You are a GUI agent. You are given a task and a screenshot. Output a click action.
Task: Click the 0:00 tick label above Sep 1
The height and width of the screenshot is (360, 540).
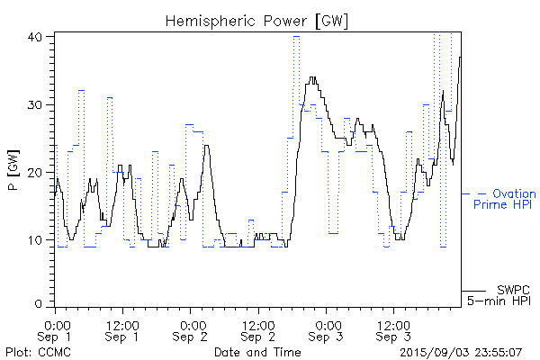tap(56, 323)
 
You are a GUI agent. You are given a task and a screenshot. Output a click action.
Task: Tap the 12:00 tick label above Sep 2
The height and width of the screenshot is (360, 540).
tap(257, 323)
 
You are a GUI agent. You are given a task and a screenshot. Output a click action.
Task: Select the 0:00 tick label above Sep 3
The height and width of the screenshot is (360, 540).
tap(327, 323)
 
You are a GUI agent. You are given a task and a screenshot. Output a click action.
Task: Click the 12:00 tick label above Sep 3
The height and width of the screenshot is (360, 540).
tap(392, 323)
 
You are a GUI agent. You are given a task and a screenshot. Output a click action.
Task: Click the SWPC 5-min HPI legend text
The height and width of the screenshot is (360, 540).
tap(500, 294)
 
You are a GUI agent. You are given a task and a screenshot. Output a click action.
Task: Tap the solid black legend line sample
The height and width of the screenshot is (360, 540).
tap(473, 290)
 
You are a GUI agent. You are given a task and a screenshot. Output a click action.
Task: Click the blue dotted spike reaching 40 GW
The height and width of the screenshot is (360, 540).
tap(296, 38)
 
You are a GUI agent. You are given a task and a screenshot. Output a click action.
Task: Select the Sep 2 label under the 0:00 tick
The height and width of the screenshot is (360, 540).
tap(191, 337)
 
